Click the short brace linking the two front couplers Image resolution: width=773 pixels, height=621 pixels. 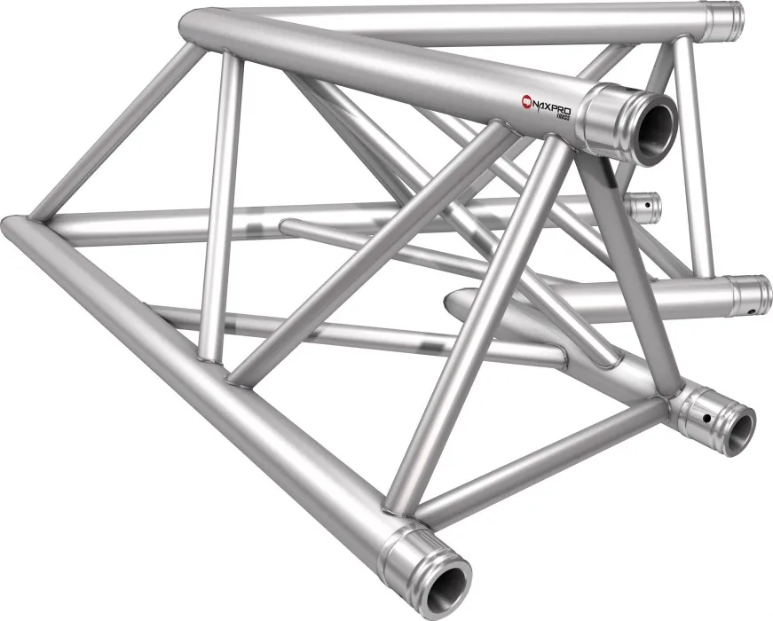pyautogui.click(x=541, y=462)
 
